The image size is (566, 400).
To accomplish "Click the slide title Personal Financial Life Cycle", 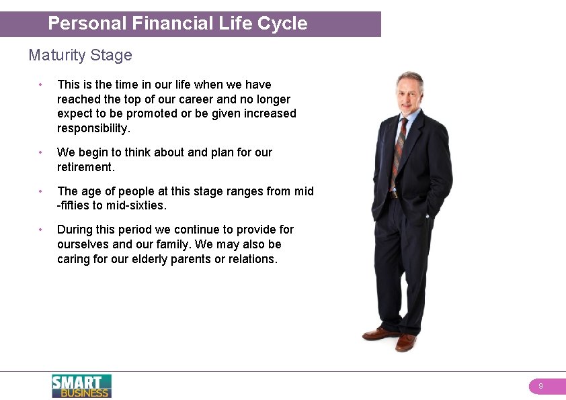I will tap(177, 23).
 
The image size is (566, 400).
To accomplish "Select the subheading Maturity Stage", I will tap(80, 55).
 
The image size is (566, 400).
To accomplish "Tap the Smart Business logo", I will tap(81, 386).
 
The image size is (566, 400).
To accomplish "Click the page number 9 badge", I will tap(540, 387).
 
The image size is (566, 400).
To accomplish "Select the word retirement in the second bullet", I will tap(85, 166).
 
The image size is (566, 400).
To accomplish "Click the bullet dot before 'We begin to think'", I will tap(41, 152).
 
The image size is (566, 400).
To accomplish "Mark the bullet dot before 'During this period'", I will tap(41, 230).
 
